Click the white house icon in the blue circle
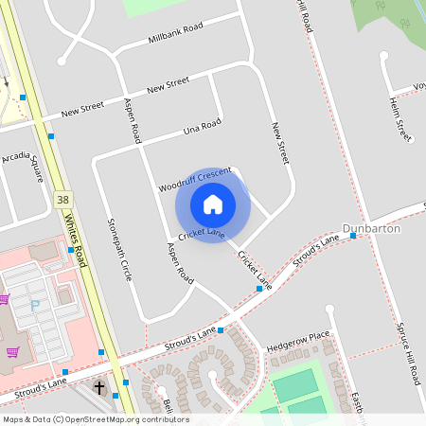tap(213, 204)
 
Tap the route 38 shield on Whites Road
tap(63, 200)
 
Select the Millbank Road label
tap(176, 35)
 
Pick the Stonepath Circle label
tap(119, 249)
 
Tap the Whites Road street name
tap(78, 240)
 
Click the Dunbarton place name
tap(371, 229)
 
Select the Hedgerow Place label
tap(298, 336)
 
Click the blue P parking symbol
tap(36, 306)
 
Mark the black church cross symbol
tap(100, 388)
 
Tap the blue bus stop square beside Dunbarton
tap(352, 236)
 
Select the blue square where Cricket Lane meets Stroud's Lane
tap(259, 289)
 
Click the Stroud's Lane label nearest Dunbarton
tap(316, 251)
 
